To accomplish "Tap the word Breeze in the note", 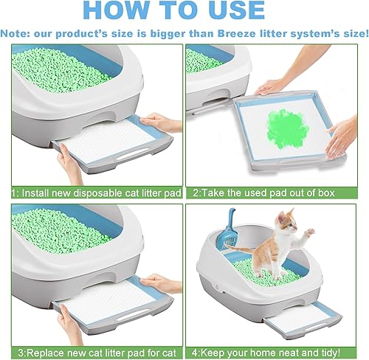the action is click(x=236, y=33).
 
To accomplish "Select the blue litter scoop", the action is click(x=228, y=230).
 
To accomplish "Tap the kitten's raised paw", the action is click(x=309, y=232).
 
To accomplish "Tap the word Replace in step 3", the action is click(x=45, y=353).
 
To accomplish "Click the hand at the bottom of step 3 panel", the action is click(x=70, y=325).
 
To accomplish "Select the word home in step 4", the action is click(x=266, y=353).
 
